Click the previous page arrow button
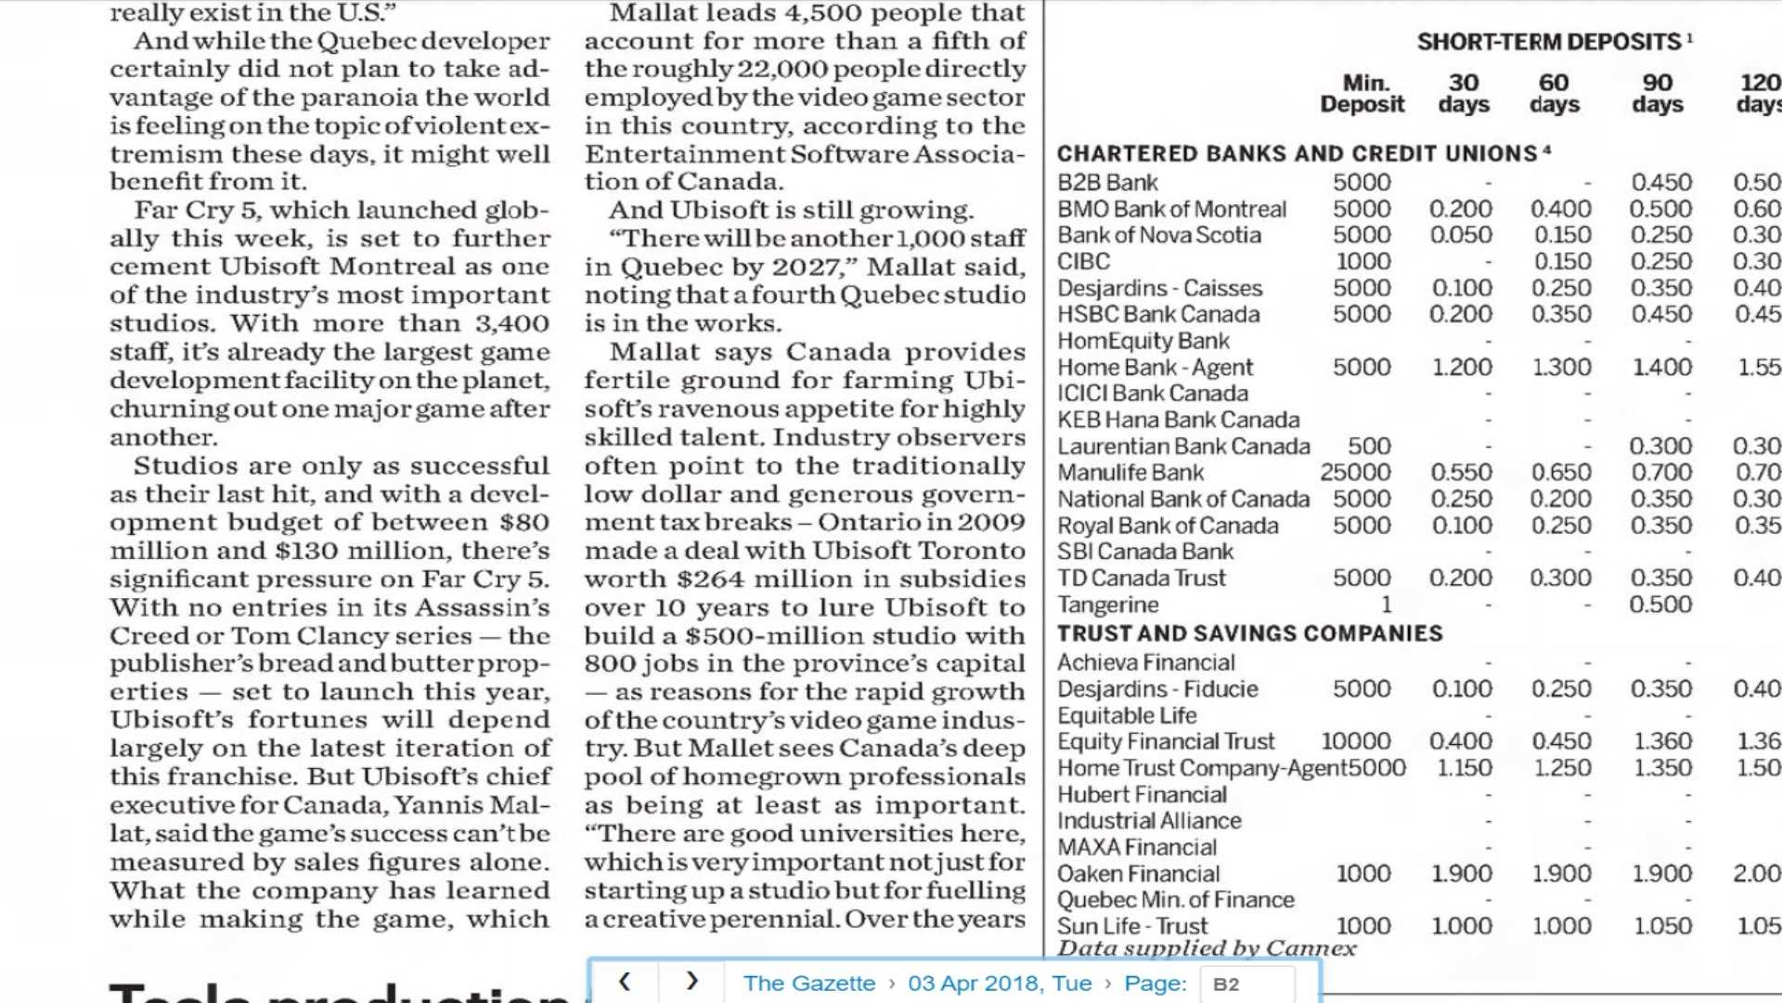pos(625,982)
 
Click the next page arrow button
pos(691,982)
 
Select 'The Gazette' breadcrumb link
pos(808,983)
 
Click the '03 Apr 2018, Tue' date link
pos(1000,983)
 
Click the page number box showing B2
pos(1246,984)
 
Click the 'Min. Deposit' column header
pos(1362,94)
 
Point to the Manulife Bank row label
pos(1130,473)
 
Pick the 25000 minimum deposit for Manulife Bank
pos(1355,473)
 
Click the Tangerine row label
pos(1108,605)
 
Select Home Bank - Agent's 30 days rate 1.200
pos(1462,368)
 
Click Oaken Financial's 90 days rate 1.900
pos(1661,874)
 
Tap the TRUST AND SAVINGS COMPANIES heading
pos(1249,633)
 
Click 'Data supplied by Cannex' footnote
pos(1207,948)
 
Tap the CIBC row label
pos(1083,262)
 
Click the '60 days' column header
pos(1554,94)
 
